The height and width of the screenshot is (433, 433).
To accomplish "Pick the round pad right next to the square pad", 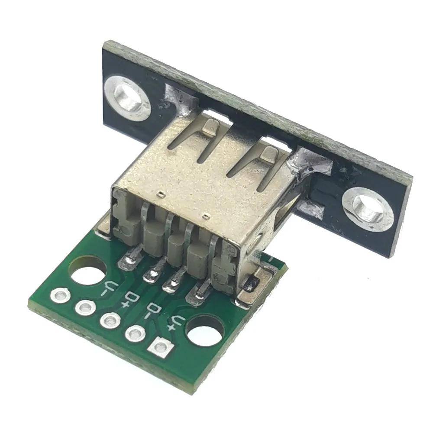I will click(x=135, y=333).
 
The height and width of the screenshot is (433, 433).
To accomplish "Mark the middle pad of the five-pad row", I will click(x=110, y=321).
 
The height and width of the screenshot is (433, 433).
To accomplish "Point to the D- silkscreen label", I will click(x=152, y=311).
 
